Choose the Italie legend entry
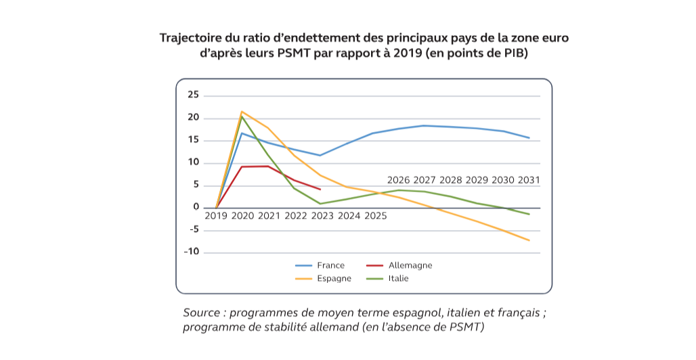click(x=398, y=278)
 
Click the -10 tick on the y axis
click(x=192, y=252)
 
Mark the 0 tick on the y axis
click(x=196, y=207)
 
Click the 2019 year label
click(x=216, y=217)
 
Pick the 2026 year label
click(x=399, y=180)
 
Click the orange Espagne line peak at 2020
click(x=242, y=112)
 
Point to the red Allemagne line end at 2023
click(x=320, y=189)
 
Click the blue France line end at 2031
click(x=529, y=138)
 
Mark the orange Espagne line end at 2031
click(x=529, y=240)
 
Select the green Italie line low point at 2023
click(x=320, y=204)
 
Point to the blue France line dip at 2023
click(x=320, y=155)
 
